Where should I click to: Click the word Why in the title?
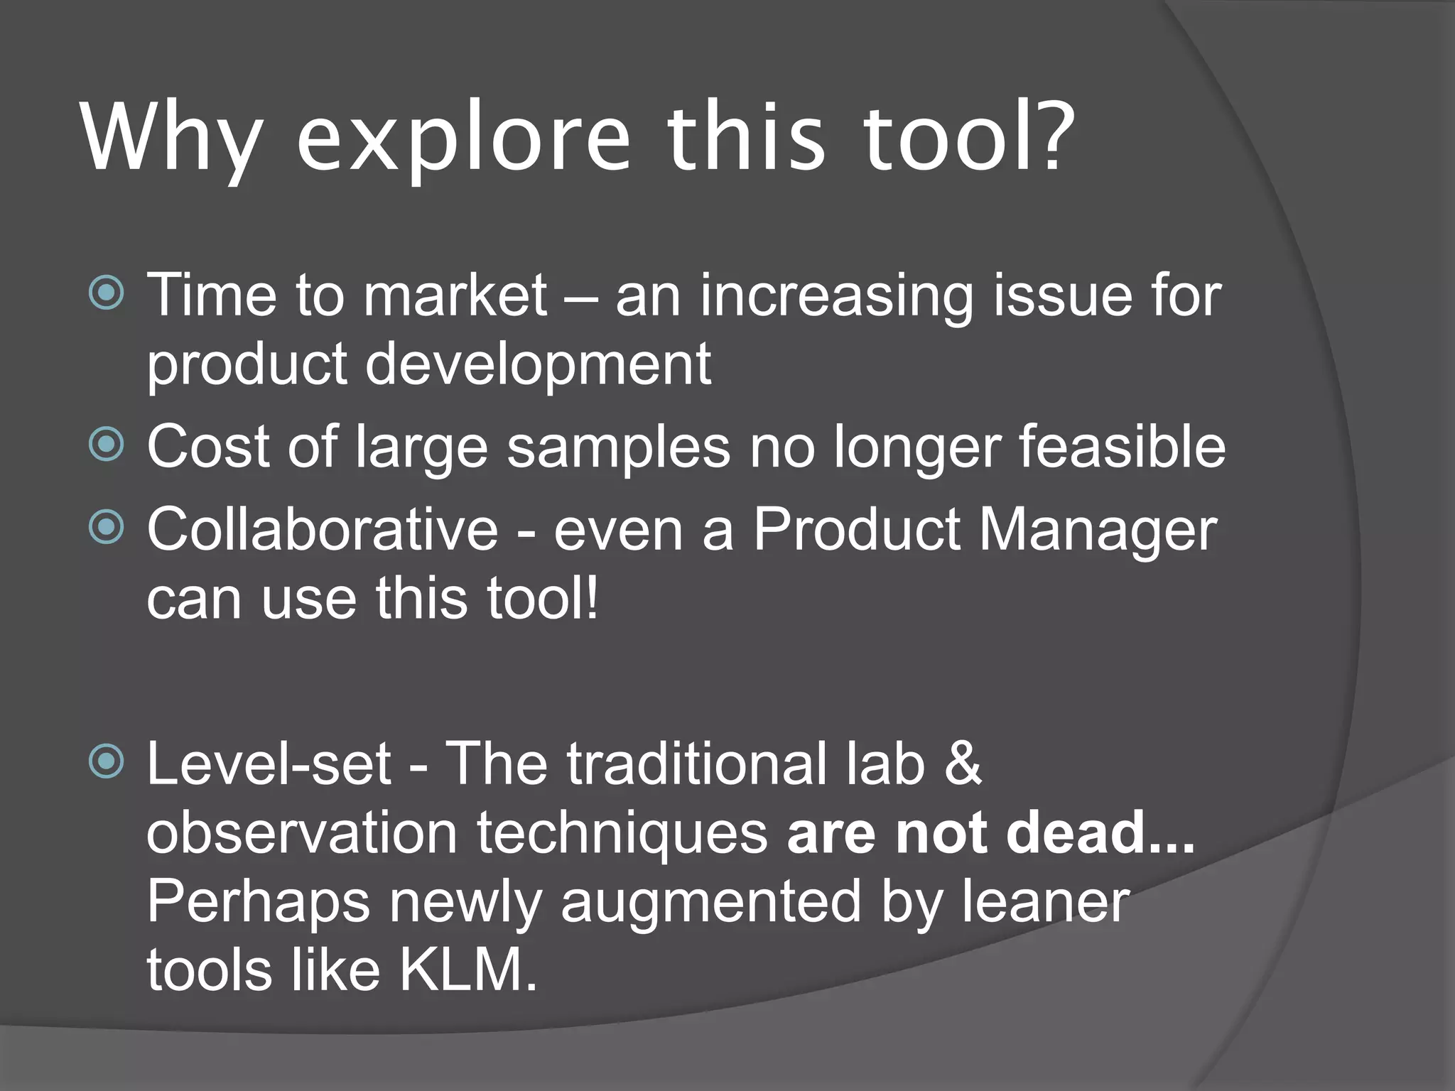pos(171,139)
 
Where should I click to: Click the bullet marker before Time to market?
pos(107,292)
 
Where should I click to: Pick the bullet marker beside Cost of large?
pos(107,445)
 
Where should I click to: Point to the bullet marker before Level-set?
pos(107,762)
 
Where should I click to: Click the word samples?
pos(619,447)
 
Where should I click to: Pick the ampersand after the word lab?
pos(964,764)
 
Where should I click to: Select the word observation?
pos(302,832)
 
